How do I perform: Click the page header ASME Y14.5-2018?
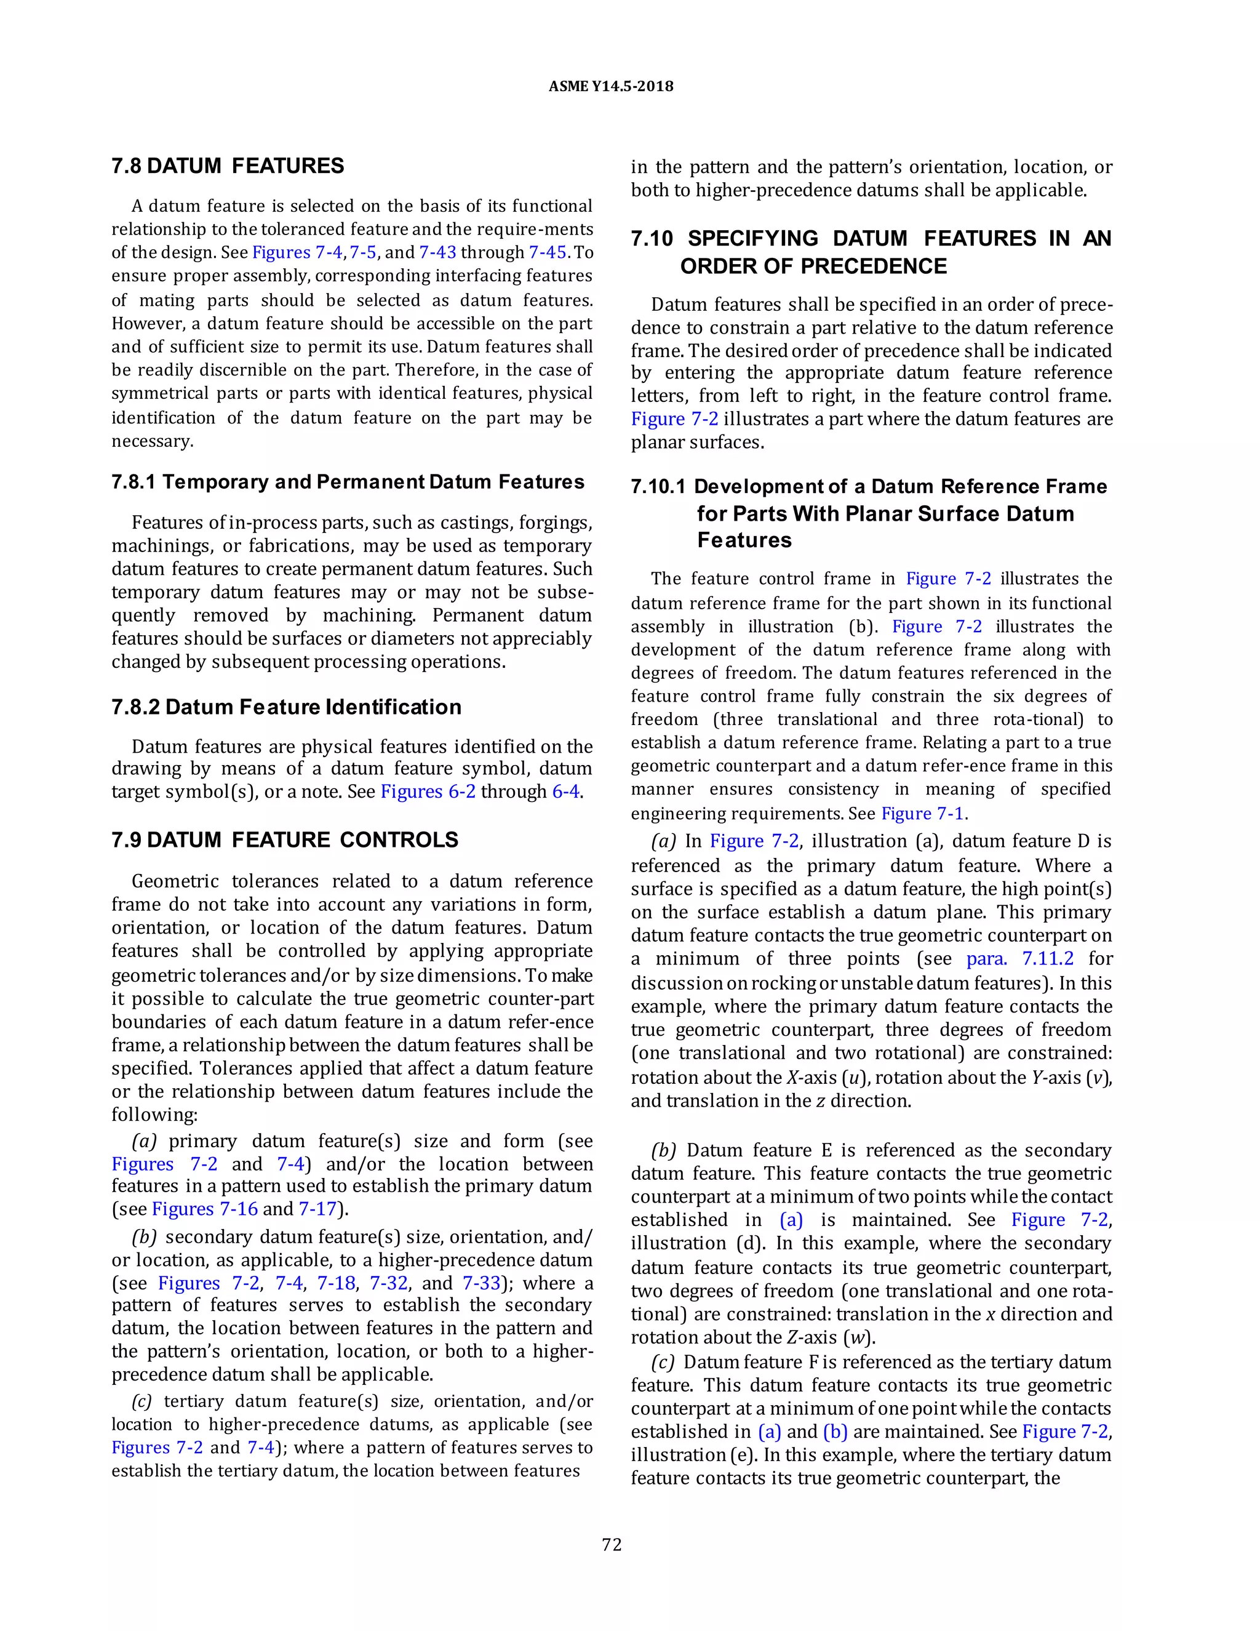[x=610, y=86]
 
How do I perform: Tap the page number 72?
[x=612, y=1545]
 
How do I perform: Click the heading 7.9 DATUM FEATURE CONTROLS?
[x=284, y=840]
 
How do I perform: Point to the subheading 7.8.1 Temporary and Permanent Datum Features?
[x=347, y=482]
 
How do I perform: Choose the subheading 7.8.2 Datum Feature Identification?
[x=286, y=707]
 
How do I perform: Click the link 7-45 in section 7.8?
[x=547, y=252]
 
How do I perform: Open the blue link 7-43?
[x=437, y=252]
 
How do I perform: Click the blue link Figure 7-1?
[x=923, y=813]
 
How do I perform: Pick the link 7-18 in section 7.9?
[x=336, y=1283]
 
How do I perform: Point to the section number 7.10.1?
[x=658, y=487]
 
